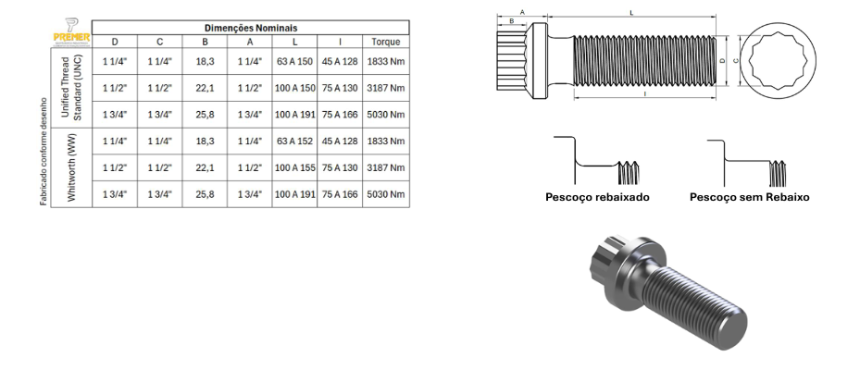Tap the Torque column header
pos(385,42)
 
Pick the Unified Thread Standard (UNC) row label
pos(71,88)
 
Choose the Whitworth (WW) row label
pos(71,167)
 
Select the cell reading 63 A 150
pos(294,61)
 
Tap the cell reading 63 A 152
pos(294,142)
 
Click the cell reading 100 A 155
pos(294,168)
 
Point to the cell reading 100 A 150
pos(294,88)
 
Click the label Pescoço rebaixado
pos(596,197)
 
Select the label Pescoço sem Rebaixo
pos(749,197)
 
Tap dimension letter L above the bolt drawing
pos(630,13)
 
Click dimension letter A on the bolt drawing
pos(522,12)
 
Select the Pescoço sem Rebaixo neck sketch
pos(745,162)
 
